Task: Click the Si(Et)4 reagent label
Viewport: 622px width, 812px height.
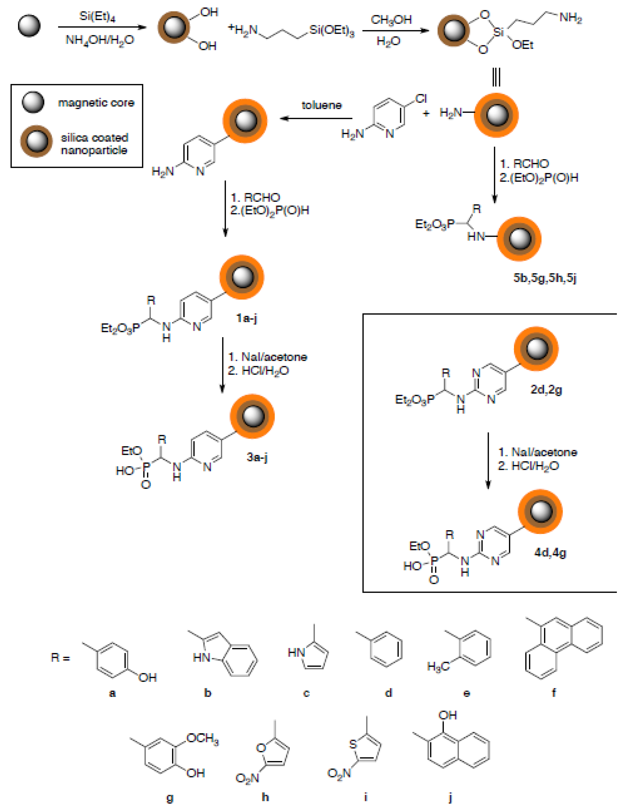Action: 97,16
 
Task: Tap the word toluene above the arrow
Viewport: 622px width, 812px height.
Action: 321,105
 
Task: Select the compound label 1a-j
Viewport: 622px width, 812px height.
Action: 247,318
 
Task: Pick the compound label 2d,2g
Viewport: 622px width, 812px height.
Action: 546,389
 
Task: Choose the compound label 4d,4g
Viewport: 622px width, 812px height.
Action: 550,552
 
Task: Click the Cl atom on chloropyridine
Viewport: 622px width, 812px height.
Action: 421,99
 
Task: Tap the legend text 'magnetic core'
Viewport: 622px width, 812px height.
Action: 96,103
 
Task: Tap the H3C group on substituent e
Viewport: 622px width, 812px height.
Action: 438,666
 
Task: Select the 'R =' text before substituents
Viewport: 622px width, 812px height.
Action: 60,657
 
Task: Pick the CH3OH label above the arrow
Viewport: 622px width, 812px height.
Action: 391,19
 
